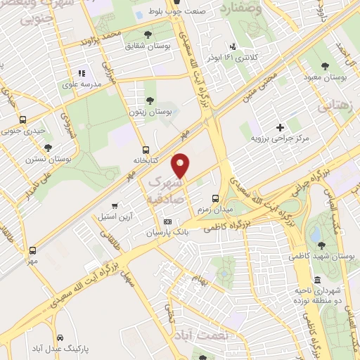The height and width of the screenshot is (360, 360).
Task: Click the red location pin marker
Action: pyautogui.click(x=181, y=165)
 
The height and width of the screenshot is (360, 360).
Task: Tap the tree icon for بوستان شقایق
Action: pyautogui.click(x=147, y=34)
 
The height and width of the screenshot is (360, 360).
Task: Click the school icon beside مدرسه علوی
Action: pyautogui.click(x=82, y=72)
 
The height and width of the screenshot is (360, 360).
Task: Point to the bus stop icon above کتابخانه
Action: pyautogui.click(x=146, y=149)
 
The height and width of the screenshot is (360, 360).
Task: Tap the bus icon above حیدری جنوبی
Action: pyautogui.click(x=22, y=120)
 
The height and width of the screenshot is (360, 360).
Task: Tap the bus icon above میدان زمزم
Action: pyautogui.click(x=215, y=198)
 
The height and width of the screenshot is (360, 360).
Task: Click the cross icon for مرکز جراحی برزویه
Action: pyautogui.click(x=280, y=127)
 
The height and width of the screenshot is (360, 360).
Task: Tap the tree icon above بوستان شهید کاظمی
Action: pyautogui.click(x=321, y=245)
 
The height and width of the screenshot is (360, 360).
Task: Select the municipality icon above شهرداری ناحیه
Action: pyautogui.click(x=318, y=280)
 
